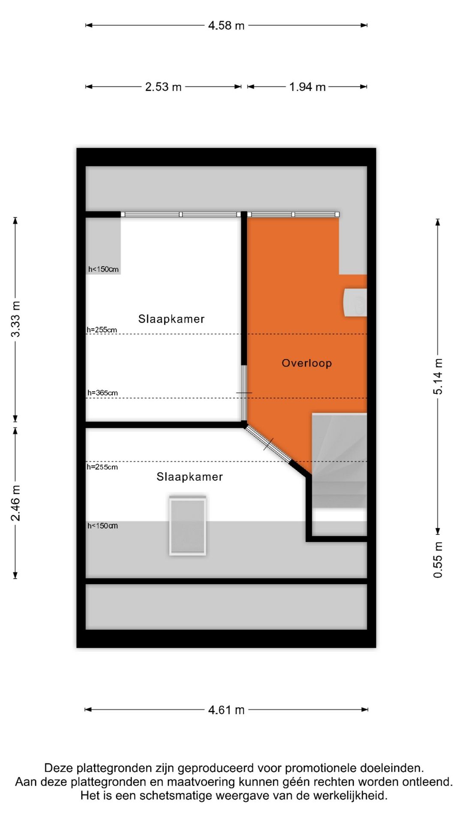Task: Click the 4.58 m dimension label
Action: (226, 26)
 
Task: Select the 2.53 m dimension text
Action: (163, 87)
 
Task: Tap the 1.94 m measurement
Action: (307, 87)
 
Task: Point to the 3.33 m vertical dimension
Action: (15, 319)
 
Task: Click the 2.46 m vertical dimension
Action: (15, 503)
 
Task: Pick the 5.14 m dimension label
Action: (438, 376)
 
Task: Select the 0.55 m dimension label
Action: (438, 560)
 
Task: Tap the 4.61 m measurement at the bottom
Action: (226, 710)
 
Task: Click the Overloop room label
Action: (307, 363)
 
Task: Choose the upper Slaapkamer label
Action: (171, 319)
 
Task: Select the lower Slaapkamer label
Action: (189, 477)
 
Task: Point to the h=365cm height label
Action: (102, 393)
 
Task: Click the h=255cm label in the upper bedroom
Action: (102, 330)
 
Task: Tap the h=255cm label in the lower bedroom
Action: (102, 467)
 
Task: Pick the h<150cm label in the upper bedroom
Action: (103, 269)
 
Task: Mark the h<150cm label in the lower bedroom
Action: (102, 526)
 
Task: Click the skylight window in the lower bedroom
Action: (188, 526)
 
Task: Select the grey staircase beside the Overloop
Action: (339, 461)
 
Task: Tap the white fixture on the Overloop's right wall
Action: (355, 302)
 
